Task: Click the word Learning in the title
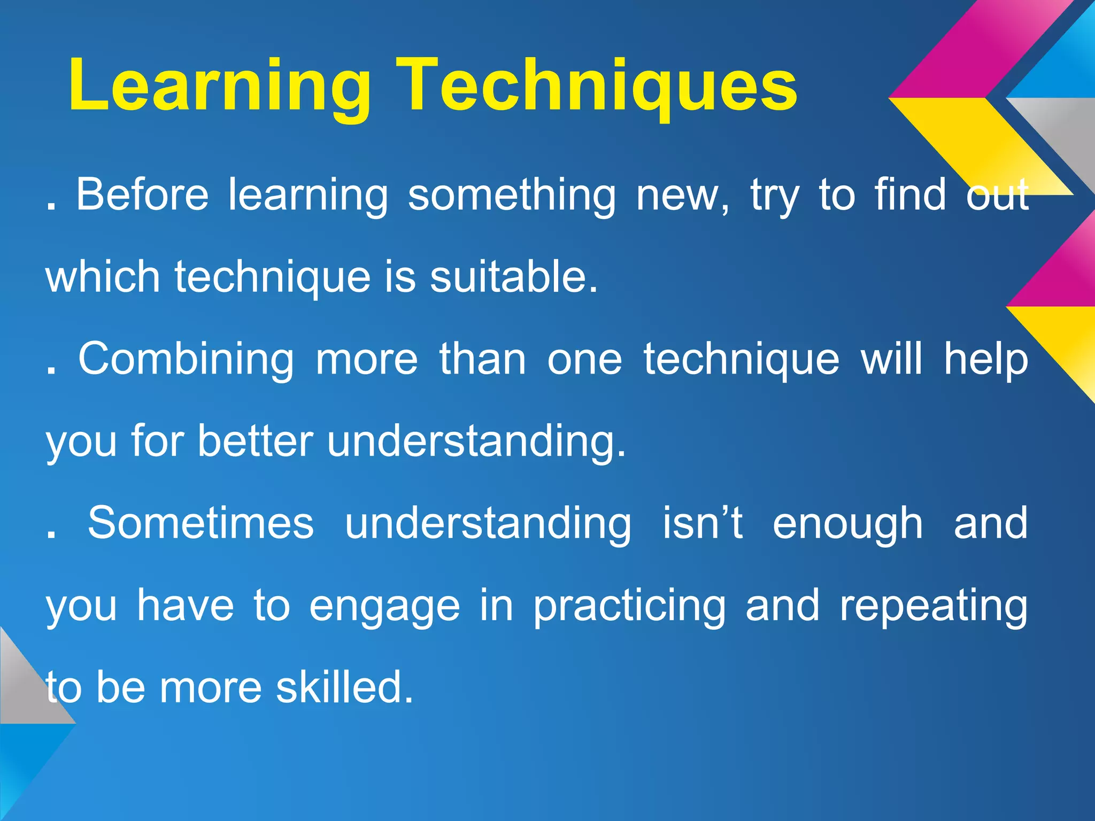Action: pos(219,86)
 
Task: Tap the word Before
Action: pos(142,195)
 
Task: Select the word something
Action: pos(512,196)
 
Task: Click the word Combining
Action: pos(186,359)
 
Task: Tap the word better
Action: pos(255,442)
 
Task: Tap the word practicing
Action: pos(629,606)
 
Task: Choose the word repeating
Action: pos(933,606)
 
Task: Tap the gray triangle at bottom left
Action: pos(24,690)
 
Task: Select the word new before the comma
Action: pos(679,196)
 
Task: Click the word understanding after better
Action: pos(476,442)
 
